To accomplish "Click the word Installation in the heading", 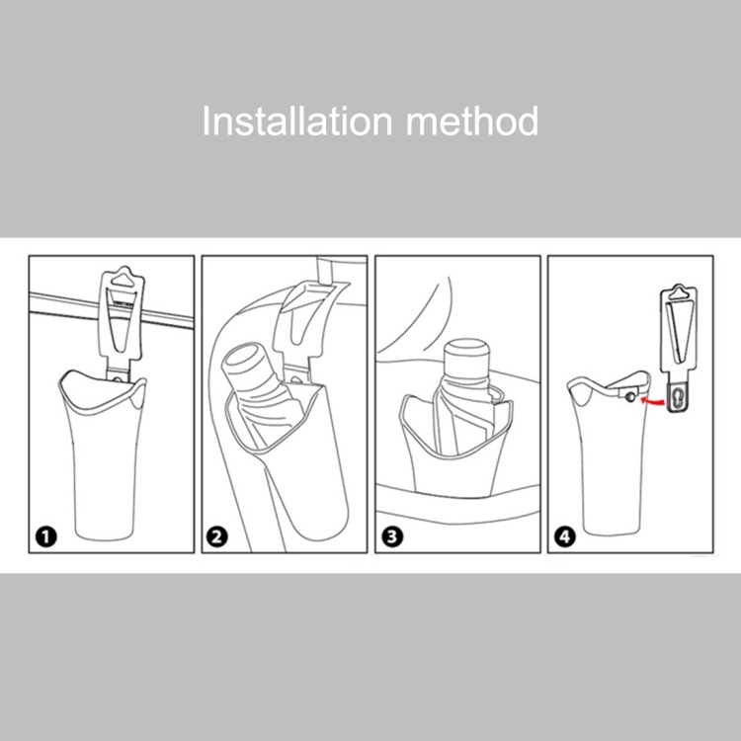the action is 297,121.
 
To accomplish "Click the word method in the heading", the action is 472,121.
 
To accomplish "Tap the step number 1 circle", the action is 45,536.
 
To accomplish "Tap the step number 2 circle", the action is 217,536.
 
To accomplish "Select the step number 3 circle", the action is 392,536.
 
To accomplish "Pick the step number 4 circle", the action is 565,536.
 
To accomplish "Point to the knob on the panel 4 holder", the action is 630,397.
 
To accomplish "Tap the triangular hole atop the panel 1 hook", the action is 123,278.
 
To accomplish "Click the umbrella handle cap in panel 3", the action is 467,359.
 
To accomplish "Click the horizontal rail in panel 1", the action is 112,310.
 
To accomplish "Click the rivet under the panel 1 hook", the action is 118,379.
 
